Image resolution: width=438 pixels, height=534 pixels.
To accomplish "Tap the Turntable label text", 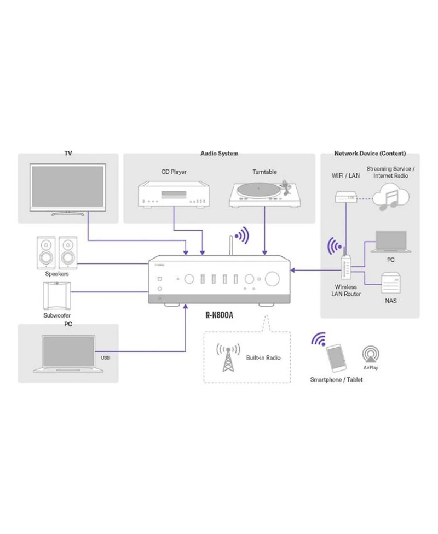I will coord(265,172).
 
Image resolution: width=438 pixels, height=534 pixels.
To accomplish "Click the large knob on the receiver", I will coord(272,279).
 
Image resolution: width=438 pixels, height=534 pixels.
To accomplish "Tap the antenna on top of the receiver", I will coord(230,246).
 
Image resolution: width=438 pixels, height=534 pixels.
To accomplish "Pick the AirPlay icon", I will coord(371,355).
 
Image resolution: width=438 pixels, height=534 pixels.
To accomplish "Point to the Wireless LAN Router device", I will coord(345,268).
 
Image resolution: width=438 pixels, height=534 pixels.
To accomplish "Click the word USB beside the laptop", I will coord(106,359).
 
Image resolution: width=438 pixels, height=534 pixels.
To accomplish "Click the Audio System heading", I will coord(220,154).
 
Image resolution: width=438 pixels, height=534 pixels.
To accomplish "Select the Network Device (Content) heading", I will coord(370,154).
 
